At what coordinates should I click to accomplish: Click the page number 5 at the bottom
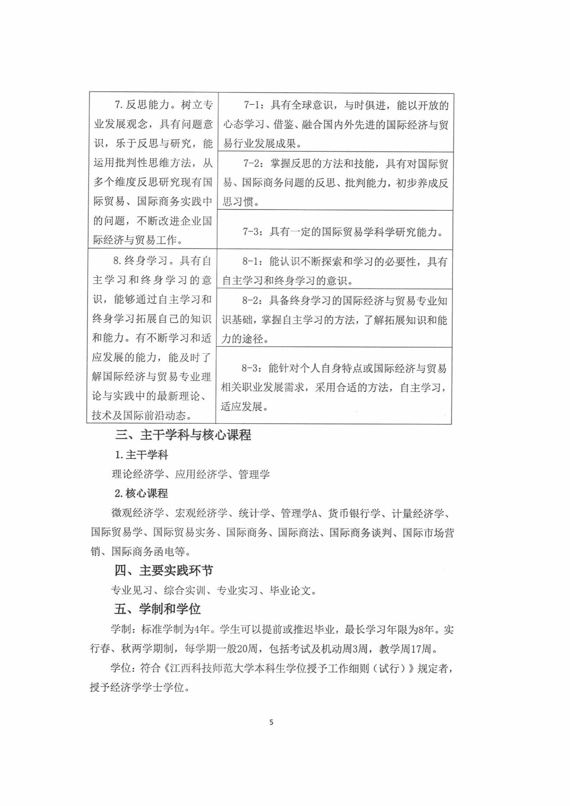[x=271, y=722]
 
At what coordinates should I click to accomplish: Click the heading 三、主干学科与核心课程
[x=183, y=435]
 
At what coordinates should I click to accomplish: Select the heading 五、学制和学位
[x=157, y=609]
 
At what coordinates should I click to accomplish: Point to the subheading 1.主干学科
[x=142, y=455]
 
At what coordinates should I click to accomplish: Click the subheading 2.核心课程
[x=141, y=493]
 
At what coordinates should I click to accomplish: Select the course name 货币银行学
[x=354, y=513]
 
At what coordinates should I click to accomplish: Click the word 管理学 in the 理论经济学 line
[x=254, y=474]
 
